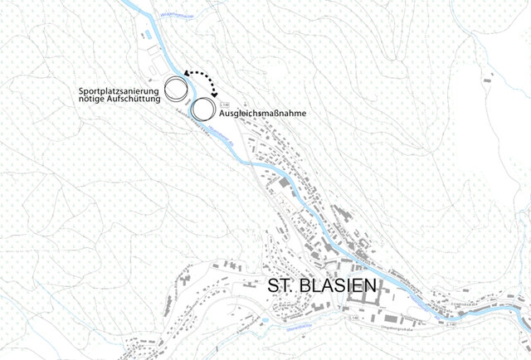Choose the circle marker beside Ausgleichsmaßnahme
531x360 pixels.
click(x=202, y=108)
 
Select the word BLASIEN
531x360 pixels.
click(x=341, y=288)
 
